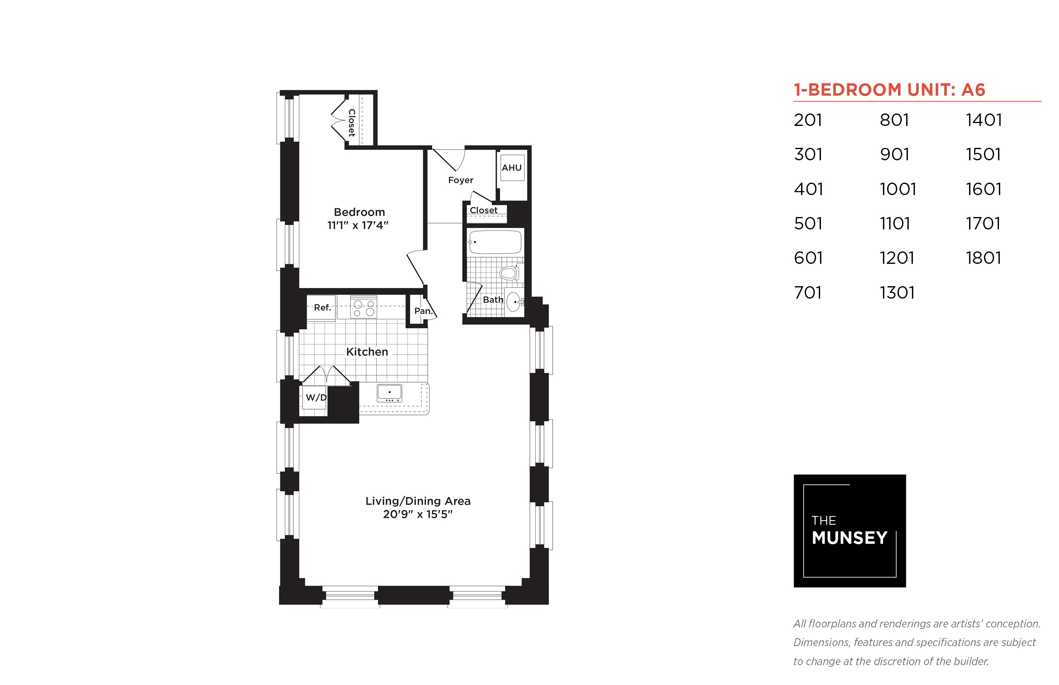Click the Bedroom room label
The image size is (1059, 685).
359,212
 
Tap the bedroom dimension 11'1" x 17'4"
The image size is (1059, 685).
358,226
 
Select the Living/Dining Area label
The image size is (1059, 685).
418,501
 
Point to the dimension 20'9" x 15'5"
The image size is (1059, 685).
418,515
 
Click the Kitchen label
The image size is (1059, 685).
367,352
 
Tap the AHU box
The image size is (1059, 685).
512,168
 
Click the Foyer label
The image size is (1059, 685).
461,180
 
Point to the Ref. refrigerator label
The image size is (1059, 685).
323,307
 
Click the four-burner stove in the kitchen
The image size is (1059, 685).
363,307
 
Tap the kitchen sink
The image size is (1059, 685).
390,393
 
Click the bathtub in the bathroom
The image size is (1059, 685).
495,242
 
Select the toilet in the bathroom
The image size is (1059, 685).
511,273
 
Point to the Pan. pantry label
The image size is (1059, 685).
423,311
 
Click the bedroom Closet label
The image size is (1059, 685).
351,123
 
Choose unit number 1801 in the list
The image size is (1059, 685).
983,258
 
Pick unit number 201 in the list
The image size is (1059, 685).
808,120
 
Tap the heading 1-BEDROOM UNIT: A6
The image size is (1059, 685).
889,90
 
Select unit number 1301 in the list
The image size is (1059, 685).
897,293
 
